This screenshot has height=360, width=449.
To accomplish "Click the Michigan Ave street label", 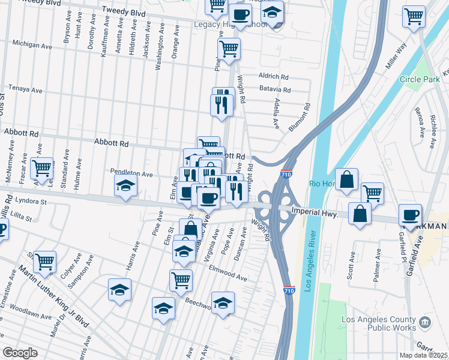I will pos(32,44).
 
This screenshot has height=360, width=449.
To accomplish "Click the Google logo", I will pos(20,353).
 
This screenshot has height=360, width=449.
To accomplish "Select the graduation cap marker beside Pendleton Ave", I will pos(125,185).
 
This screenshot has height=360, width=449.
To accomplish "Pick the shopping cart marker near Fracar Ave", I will pos(42,169).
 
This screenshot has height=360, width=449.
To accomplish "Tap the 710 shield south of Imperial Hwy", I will pos(289,290).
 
